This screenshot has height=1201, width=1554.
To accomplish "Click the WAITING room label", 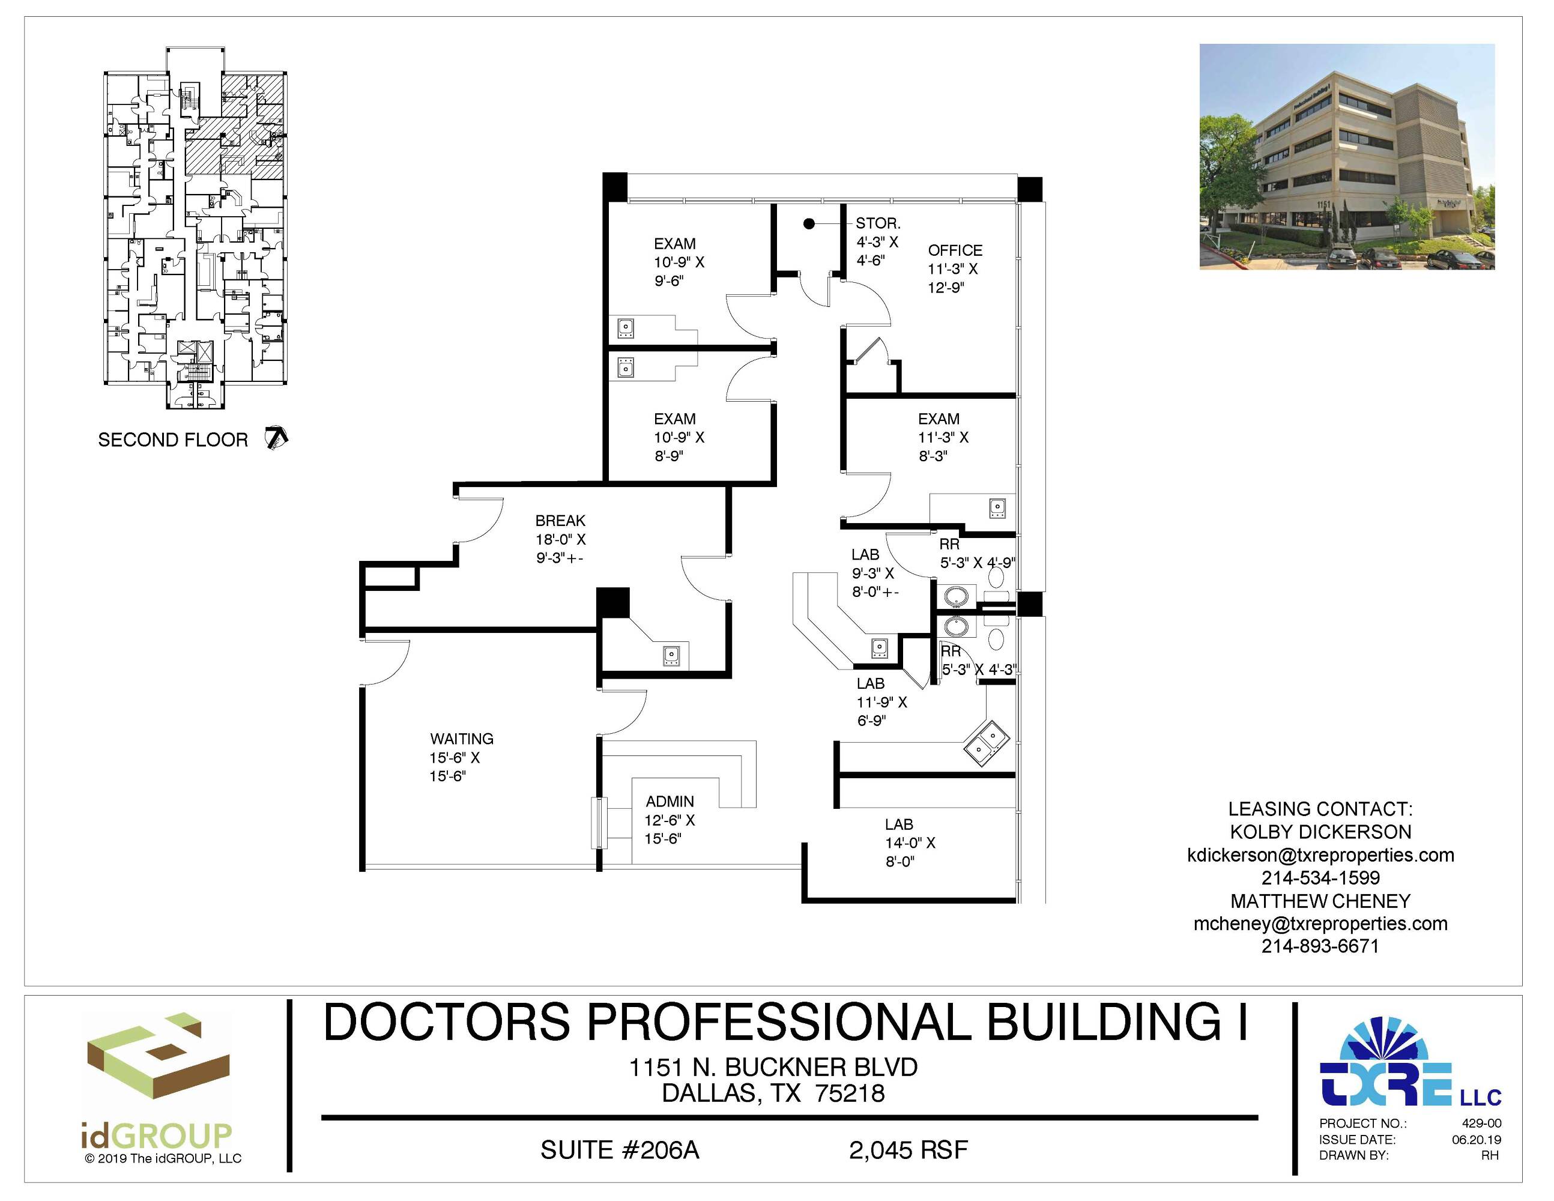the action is pos(462,739).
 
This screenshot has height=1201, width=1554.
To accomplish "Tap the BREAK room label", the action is pos(560,521).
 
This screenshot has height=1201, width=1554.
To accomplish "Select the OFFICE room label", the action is pos(955,250).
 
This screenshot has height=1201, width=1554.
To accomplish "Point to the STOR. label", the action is pos(878,223).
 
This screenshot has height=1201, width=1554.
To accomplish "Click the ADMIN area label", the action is pos(670,802).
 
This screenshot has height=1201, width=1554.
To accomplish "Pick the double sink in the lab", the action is pos(985,743).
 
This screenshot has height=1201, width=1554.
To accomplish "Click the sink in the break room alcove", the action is pos(671,655).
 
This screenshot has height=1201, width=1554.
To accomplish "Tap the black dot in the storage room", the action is pos(809,224).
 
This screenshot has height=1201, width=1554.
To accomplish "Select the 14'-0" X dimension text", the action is pos(910,843).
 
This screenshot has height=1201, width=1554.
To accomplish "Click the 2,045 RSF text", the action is pos(908,1151).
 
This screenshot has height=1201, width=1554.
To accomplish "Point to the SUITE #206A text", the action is pos(620,1151).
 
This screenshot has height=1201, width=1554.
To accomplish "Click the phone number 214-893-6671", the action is pos(1320,946).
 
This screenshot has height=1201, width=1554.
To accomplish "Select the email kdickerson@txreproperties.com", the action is pos(1320,855).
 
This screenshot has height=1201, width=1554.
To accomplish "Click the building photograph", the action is pos(1347,157).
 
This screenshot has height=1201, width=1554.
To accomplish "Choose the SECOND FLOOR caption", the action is pos(173,440).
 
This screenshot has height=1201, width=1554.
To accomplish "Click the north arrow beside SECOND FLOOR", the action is pos(276,438).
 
